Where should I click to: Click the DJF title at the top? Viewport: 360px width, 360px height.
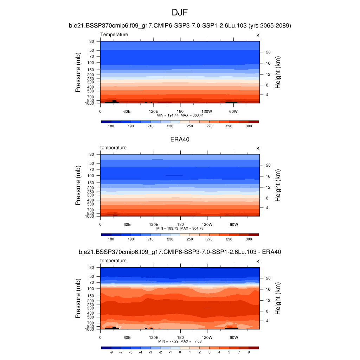(180, 13)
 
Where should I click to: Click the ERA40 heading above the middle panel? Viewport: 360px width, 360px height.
(180, 139)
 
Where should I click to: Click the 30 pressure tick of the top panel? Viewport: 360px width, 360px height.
(92, 41)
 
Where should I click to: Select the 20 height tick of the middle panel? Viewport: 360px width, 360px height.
(267, 165)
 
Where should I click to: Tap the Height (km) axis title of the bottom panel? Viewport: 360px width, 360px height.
(278, 298)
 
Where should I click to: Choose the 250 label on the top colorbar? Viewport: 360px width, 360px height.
(190, 126)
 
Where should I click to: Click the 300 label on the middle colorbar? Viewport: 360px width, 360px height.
(249, 239)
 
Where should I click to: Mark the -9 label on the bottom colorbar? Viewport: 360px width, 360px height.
(111, 352)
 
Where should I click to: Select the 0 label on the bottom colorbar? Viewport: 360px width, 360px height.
(180, 352)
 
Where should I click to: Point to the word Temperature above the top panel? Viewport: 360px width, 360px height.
(114, 34)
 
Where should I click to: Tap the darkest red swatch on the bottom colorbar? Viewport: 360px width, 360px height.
(253, 348)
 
